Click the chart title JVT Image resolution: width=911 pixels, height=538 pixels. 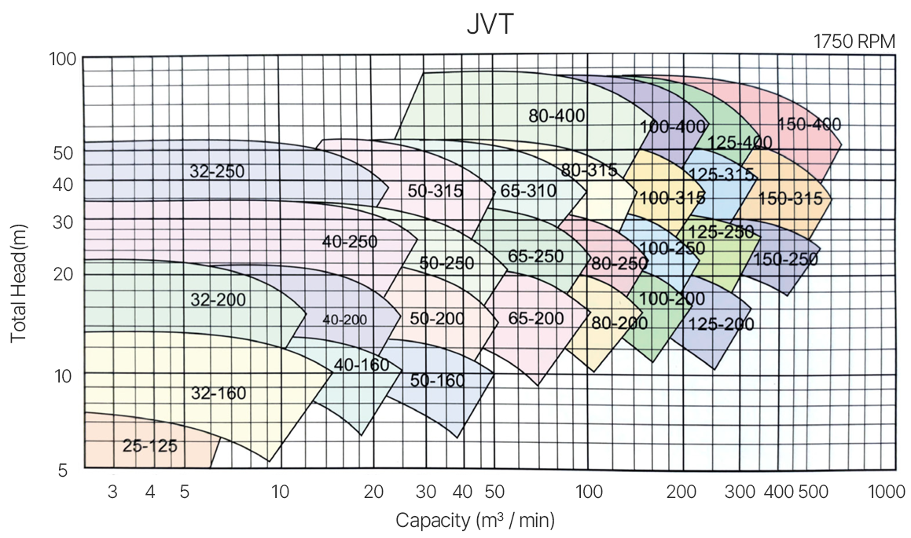click(x=489, y=24)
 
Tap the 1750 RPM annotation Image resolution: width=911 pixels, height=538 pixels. click(x=854, y=42)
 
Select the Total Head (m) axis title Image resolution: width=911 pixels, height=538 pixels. click(x=19, y=291)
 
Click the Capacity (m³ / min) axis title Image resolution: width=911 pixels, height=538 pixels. click(x=476, y=520)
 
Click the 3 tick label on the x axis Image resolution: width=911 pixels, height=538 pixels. click(x=112, y=492)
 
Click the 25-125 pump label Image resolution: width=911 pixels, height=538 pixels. click(x=149, y=446)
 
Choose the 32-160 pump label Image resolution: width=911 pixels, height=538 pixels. click(x=219, y=393)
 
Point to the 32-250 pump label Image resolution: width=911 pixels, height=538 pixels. click(x=217, y=170)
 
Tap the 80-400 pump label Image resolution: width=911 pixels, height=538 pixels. click(x=557, y=116)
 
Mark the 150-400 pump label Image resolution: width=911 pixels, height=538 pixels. click(x=809, y=124)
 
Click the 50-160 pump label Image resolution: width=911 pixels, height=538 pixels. click(x=437, y=380)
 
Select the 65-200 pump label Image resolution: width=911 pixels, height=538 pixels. click(x=536, y=318)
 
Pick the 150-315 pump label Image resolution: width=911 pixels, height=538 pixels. click(x=790, y=199)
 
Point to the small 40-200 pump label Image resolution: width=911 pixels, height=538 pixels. click(x=344, y=320)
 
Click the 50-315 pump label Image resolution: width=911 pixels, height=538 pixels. click(x=435, y=190)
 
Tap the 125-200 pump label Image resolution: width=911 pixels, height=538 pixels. click(x=721, y=324)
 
